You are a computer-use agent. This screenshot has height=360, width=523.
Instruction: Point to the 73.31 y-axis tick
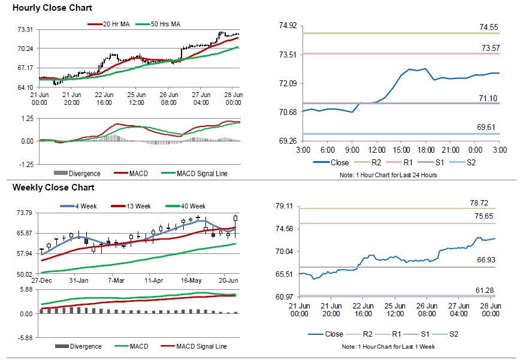pos(25,29)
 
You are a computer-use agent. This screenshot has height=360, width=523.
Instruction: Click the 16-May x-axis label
pos(193,280)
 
